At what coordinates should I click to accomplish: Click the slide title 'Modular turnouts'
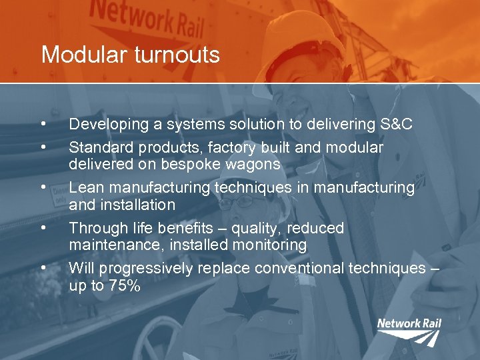pyautogui.click(x=130, y=55)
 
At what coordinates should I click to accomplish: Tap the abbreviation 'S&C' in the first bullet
pyautogui.click(x=396, y=124)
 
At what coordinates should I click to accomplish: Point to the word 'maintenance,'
pyautogui.click(x=116, y=245)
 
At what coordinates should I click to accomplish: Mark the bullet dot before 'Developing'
pyautogui.click(x=43, y=124)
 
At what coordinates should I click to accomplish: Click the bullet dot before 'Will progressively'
pyautogui.click(x=43, y=268)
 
